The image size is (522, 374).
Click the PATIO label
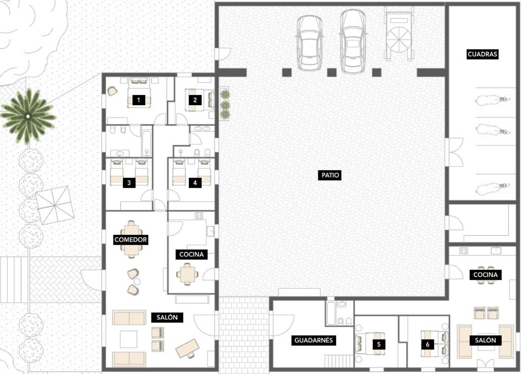330,175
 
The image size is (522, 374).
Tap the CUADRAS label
482,54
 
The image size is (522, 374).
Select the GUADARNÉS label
313,340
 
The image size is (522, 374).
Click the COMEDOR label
130,239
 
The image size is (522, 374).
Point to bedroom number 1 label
139,100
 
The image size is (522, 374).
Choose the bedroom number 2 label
195,100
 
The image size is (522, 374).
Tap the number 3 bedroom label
129,182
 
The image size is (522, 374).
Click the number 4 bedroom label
195,182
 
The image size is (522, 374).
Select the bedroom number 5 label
379,345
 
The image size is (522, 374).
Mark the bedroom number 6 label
428,345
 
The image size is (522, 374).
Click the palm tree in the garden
28,116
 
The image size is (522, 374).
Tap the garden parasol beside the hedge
55,205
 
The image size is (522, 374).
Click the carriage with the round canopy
399,35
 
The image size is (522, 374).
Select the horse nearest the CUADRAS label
492,100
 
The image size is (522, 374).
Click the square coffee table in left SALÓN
128,339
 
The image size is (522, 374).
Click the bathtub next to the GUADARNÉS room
332,313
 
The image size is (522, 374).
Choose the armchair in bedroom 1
112,91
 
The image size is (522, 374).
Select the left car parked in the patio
310,43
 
